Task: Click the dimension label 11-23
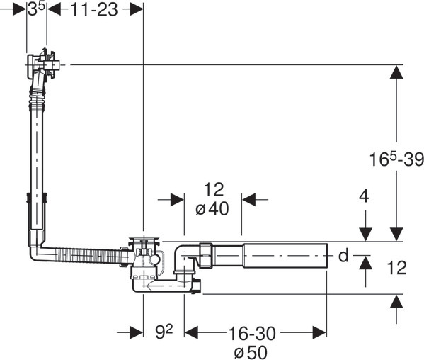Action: pos(94,11)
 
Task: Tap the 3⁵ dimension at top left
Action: pos(36,9)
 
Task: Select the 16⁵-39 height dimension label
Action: pos(396,159)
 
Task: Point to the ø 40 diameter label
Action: pos(212,208)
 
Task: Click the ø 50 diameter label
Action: pos(251,352)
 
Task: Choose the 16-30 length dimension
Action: pos(252,333)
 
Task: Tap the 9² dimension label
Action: pos(164,332)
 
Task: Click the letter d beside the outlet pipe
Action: pos(343,255)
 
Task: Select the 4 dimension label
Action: pos(364,196)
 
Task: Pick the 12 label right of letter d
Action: pos(396,268)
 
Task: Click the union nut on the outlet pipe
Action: pos(206,255)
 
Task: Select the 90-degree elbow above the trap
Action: pos(185,259)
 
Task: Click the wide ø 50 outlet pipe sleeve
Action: pos(285,256)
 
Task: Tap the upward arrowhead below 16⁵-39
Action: pos(396,301)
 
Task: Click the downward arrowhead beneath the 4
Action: pos(365,234)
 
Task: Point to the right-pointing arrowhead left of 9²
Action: pos(137,332)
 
